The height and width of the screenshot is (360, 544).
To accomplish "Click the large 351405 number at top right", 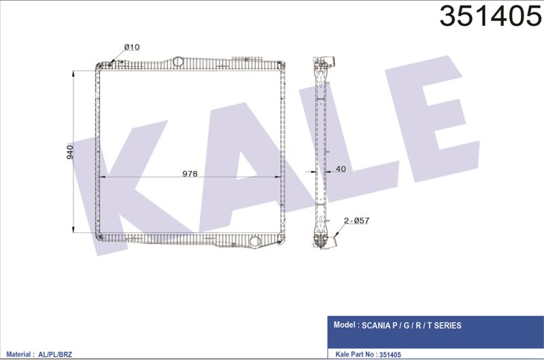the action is click(490, 16).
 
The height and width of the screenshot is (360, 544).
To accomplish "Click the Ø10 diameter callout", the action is click(132, 47).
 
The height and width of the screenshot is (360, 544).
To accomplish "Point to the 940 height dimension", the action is click(70, 152).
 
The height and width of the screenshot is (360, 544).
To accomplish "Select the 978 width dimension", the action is click(190, 174).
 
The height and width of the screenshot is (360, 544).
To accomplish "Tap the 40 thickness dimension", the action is click(341, 169).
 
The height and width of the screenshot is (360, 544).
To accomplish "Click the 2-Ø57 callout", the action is click(356, 220).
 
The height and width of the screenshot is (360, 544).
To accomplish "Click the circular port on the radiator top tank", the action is click(178, 61).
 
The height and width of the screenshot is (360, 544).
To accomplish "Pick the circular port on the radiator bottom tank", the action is click(254, 242).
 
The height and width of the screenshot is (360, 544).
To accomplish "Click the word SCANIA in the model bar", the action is click(376, 325).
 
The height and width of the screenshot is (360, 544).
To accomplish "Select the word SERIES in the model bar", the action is click(447, 325).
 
